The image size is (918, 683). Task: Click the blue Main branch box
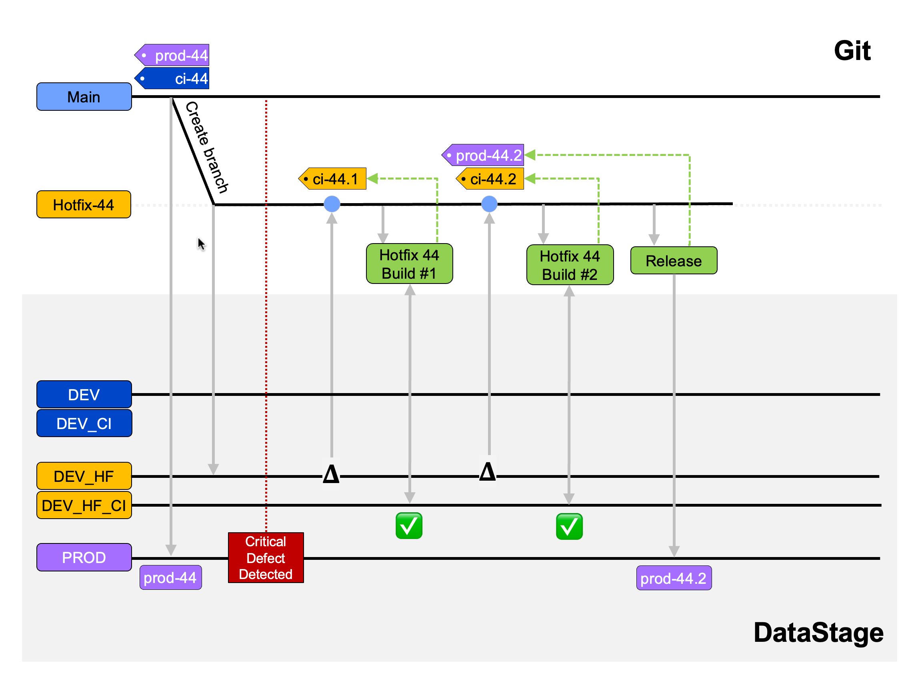84,97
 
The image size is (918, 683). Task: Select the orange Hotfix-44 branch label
84,205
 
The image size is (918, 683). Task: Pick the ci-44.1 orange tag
333,179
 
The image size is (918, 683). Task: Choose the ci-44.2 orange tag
491,179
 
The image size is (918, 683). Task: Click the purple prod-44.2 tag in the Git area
484,156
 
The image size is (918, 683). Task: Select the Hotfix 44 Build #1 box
409,264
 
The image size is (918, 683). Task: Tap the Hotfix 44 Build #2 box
570,266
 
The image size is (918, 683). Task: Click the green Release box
674,261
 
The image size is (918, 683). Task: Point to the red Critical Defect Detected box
266,558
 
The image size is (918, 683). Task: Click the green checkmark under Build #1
409,526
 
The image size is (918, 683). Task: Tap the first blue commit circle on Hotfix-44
332,204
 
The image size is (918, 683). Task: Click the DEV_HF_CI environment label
84,505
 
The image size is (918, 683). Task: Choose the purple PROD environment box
84,557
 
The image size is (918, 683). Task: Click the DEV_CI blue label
84,423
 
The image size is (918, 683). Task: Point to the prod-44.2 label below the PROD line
674,578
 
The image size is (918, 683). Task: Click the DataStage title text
818,633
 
